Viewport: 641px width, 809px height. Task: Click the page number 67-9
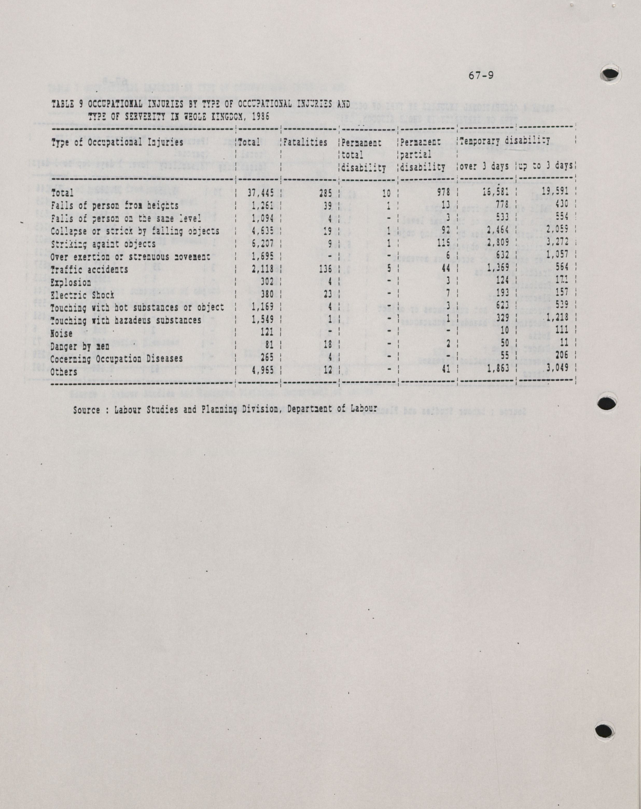point(481,76)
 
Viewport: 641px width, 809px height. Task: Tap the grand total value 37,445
point(260,193)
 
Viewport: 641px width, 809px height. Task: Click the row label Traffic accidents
point(89,270)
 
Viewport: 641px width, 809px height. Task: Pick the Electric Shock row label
point(82,295)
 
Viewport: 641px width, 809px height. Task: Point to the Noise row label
point(61,333)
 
